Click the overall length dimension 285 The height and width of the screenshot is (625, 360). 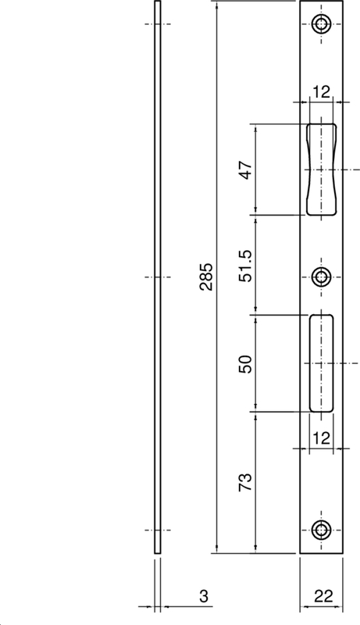(x=206, y=277)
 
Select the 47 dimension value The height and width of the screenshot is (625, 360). (x=246, y=170)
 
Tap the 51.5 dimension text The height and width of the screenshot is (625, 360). (x=246, y=266)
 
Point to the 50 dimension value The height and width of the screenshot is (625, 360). (x=246, y=364)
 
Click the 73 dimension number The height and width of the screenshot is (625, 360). (x=246, y=482)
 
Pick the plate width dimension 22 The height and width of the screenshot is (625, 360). (x=323, y=596)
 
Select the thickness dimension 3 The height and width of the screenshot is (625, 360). (x=204, y=596)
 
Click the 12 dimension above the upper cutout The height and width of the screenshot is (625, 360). (x=322, y=92)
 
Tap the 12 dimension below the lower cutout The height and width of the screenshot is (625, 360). (x=322, y=438)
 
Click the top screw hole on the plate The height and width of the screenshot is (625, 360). (x=322, y=24)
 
